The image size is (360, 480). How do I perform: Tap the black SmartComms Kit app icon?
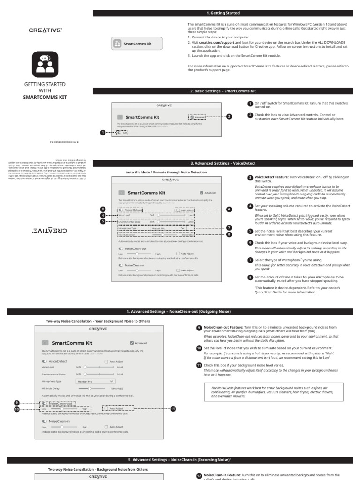(x=45, y=65)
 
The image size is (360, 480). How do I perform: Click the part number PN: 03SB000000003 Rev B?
(x=64, y=141)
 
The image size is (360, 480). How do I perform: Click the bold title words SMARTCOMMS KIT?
(x=45, y=97)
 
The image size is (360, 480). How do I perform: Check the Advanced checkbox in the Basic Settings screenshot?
(x=192, y=117)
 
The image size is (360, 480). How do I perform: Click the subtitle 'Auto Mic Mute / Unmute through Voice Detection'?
(x=166, y=172)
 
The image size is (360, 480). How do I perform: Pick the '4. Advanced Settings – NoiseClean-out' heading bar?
(x=180, y=312)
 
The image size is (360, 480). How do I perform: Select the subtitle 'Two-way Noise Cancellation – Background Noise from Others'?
(x=98, y=469)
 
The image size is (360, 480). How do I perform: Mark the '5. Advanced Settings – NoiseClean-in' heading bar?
(x=180, y=460)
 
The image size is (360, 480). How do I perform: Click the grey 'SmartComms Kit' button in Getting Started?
(x=136, y=44)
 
